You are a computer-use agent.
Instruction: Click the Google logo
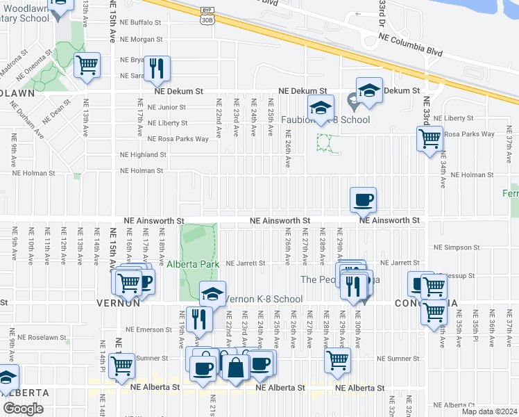(x=23, y=409)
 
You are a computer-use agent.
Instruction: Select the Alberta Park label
(x=193, y=264)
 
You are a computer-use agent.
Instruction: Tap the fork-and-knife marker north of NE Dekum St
(x=157, y=68)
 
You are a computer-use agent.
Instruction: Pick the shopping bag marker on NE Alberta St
(x=236, y=366)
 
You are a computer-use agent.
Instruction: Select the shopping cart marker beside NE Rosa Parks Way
(x=429, y=138)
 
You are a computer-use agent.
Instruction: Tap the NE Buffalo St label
(x=141, y=22)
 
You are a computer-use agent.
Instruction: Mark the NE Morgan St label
(x=141, y=40)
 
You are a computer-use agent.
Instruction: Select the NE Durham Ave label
(x=26, y=119)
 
